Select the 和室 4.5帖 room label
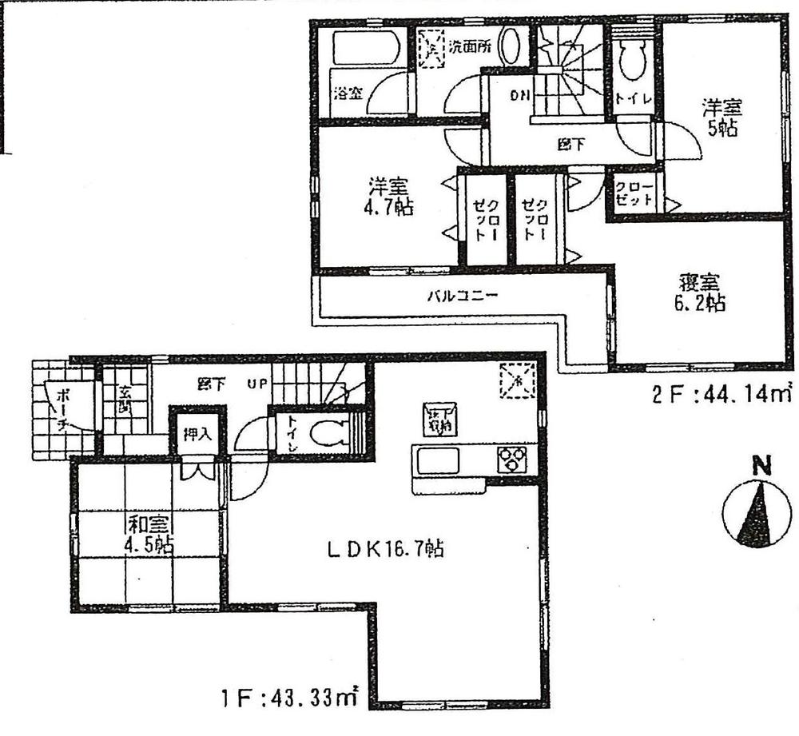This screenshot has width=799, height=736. pos(150,535)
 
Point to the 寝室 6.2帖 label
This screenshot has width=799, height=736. pos(701,292)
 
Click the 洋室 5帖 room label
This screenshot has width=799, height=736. pos(721,117)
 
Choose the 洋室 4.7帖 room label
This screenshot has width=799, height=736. pos(388,197)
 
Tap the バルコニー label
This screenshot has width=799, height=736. pos(462,295)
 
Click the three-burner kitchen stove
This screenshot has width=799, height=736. pos(512,460)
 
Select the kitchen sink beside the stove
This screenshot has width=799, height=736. pos(435,461)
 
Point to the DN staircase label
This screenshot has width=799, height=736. pos(520,95)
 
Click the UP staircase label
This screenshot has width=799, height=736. pos(256,384)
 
